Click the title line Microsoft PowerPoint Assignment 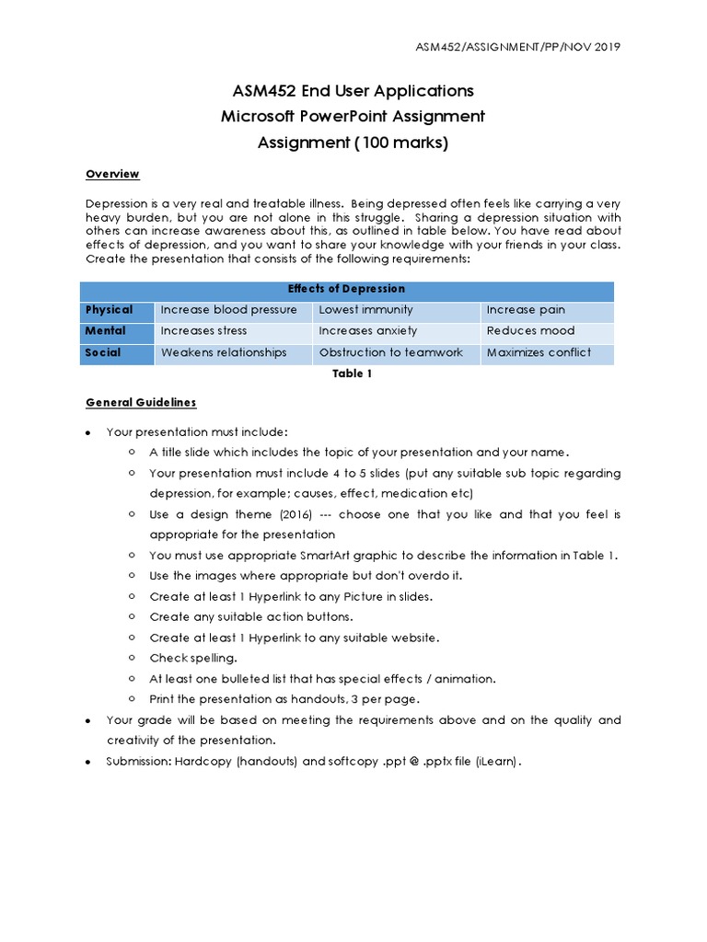click(x=353, y=117)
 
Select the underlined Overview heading click(x=112, y=174)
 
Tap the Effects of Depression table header click(x=346, y=289)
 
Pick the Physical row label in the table click(x=110, y=310)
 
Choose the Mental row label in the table click(x=106, y=331)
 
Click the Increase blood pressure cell click(x=228, y=310)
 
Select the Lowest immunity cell click(x=365, y=310)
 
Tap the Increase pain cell click(x=526, y=310)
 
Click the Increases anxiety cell click(x=367, y=331)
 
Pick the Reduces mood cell click(x=530, y=331)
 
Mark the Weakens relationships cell click(x=224, y=352)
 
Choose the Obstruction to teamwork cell click(x=390, y=352)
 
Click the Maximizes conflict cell click(x=539, y=352)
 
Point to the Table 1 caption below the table click(x=346, y=373)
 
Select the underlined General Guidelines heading click(x=141, y=403)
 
